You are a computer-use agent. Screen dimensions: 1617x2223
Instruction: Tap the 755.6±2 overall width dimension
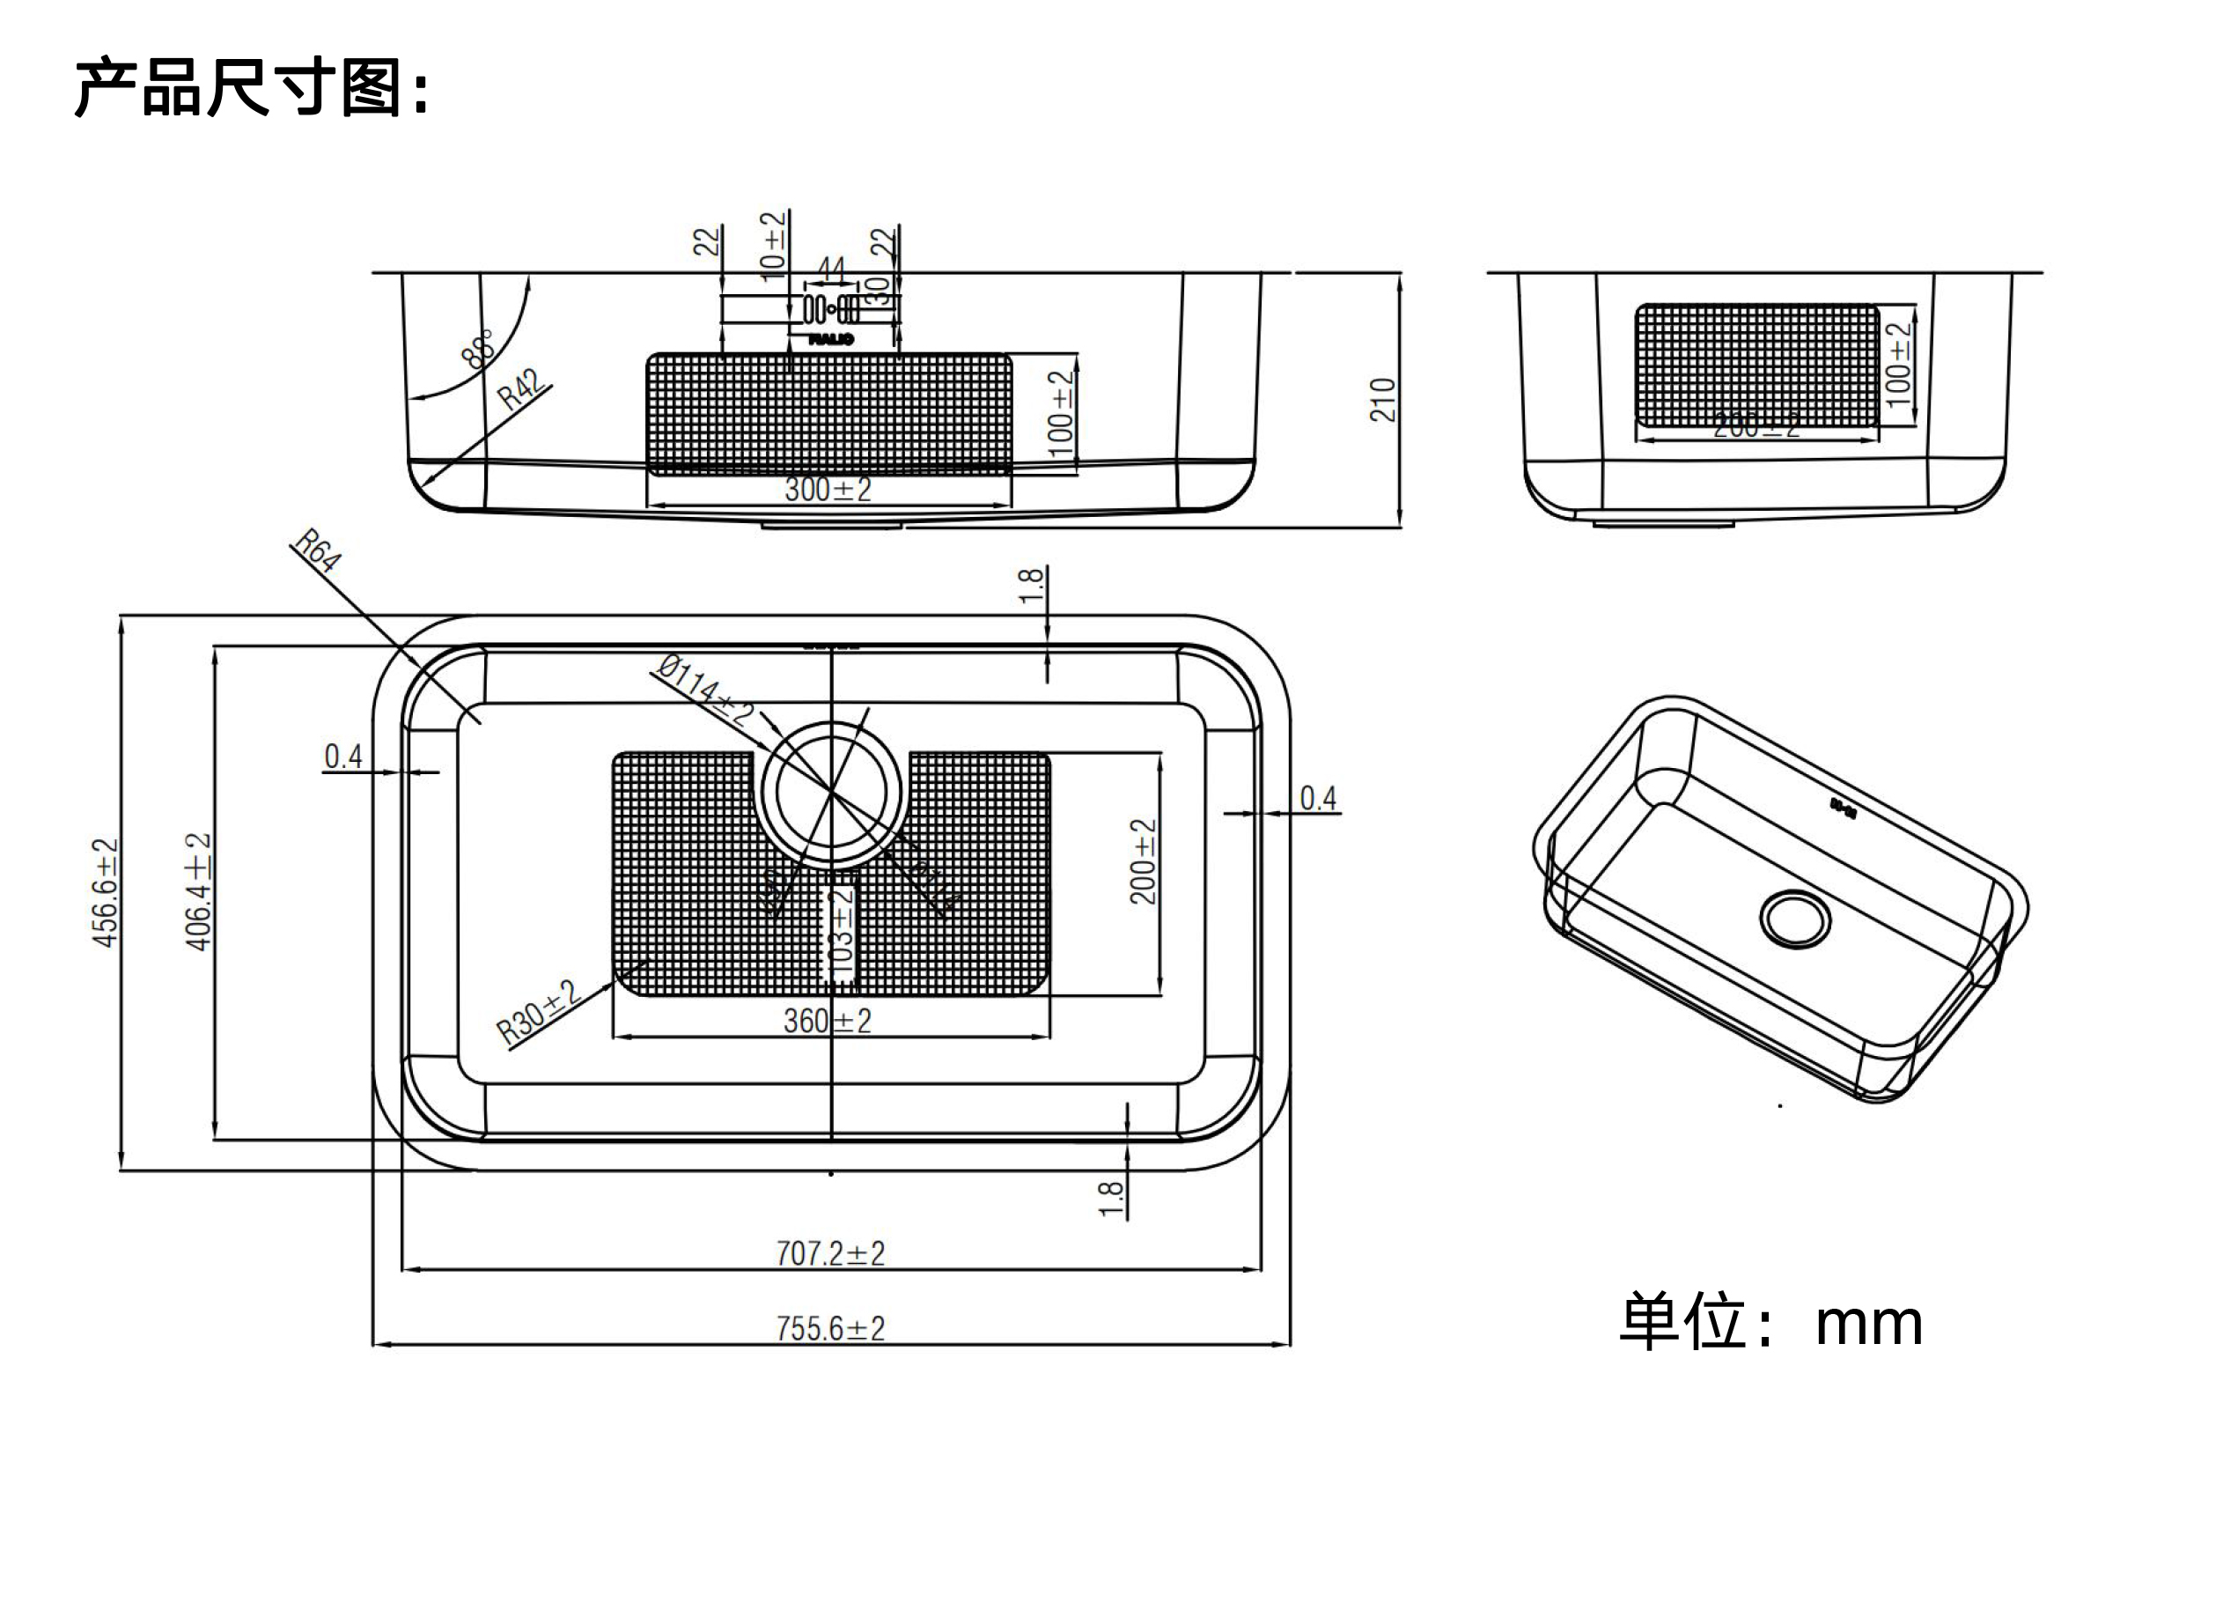pos(829,1329)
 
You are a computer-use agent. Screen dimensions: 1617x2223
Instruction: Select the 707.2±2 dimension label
pos(829,1253)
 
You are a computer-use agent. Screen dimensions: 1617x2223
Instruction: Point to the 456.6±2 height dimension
pos(105,892)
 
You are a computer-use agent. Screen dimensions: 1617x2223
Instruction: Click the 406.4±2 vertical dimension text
pos(199,891)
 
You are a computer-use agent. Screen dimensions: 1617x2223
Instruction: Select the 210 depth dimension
pos(1382,400)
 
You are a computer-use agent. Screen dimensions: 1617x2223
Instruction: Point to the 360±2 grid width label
pos(827,1021)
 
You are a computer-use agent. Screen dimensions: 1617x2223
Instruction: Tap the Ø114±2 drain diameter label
pos(704,690)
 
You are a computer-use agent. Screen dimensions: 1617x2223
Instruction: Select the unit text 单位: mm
pos(1770,1322)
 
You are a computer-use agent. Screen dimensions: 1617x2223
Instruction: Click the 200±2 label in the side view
pos(1756,426)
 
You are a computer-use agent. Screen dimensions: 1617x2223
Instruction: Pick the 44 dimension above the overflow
pos(830,269)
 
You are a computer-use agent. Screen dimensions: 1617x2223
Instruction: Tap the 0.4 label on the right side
pos(1317,798)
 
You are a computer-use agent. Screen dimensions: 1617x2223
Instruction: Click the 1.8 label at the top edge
pos(1030,587)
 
